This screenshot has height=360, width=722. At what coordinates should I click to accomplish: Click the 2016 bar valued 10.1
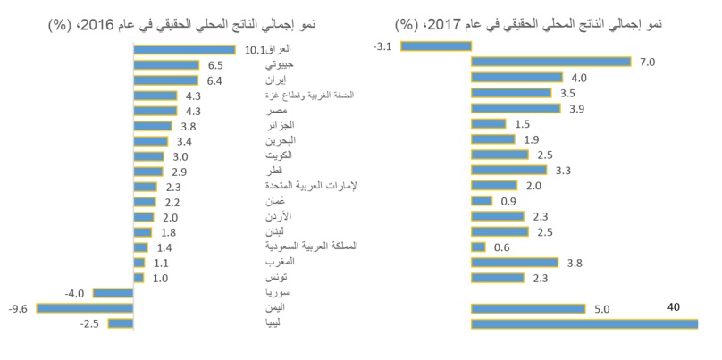(184, 50)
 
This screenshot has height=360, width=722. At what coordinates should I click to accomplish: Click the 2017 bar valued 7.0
(550, 62)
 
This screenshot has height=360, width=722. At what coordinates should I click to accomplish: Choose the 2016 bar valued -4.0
(113, 292)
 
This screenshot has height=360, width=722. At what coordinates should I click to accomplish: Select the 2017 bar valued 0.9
(481, 201)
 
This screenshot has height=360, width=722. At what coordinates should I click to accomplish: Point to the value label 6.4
(214, 80)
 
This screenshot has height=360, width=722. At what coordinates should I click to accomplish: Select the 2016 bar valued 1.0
(138, 278)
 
